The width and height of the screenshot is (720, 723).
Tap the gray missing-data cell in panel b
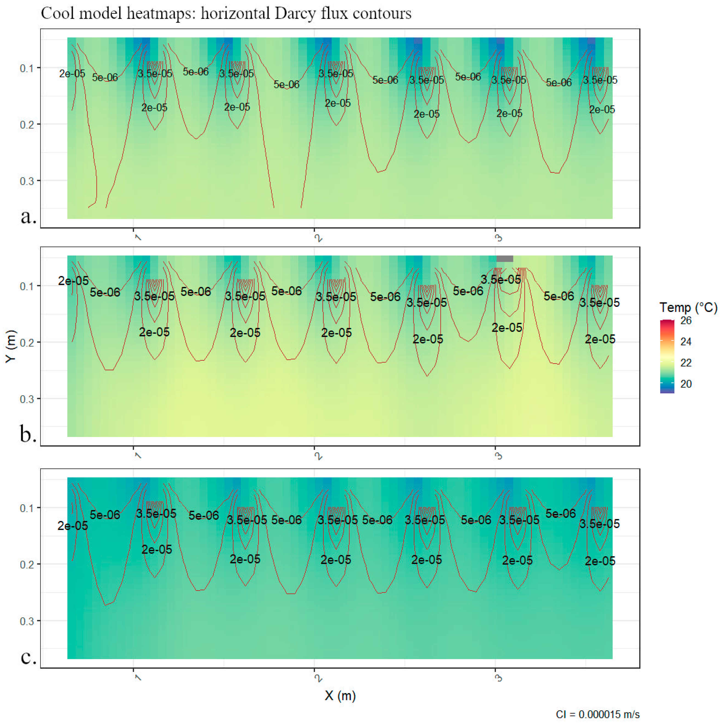coord(505,259)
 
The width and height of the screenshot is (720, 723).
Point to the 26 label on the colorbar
coord(686,320)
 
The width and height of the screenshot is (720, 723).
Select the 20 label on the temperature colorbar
coord(686,384)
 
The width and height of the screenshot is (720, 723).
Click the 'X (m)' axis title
coord(340,695)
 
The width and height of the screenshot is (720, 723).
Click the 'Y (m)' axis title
coord(11,346)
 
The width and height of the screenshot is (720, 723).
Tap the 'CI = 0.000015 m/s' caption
coord(597,714)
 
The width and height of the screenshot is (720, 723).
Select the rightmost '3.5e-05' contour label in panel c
coord(599,524)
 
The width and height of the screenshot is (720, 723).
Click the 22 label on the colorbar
coord(686,363)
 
